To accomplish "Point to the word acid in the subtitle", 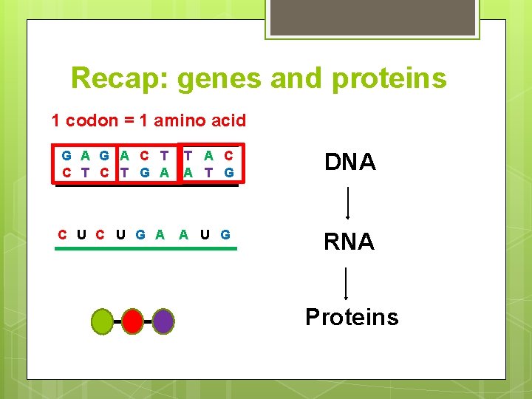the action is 228,120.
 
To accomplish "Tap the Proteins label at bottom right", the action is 352,317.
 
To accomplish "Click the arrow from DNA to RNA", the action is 348,202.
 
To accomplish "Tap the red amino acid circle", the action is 132,321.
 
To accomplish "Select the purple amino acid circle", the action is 163,321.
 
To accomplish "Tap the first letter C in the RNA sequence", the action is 64,235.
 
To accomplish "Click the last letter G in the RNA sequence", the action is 225,235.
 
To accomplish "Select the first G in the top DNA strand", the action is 66,156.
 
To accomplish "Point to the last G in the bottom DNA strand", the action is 229,172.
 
